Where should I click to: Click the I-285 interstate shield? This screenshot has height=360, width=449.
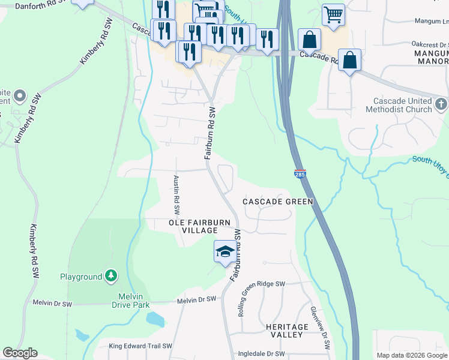(x=301, y=173)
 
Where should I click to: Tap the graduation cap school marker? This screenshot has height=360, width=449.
(x=224, y=251)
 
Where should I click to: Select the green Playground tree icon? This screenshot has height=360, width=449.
(x=110, y=276)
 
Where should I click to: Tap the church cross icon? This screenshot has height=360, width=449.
(x=441, y=104)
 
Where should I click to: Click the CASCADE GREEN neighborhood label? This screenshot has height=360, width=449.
(x=277, y=202)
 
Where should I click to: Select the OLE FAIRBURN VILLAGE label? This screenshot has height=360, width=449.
(x=199, y=226)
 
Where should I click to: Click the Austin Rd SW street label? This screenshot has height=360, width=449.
(x=177, y=195)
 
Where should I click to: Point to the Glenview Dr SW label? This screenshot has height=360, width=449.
(x=319, y=328)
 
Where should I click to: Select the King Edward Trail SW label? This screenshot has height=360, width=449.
(x=140, y=346)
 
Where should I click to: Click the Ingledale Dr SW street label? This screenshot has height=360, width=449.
(x=261, y=354)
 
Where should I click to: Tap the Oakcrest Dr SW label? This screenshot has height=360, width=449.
(x=422, y=44)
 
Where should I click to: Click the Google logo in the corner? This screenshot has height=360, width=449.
(x=20, y=353)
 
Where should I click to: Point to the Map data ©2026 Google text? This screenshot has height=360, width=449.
(x=411, y=355)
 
